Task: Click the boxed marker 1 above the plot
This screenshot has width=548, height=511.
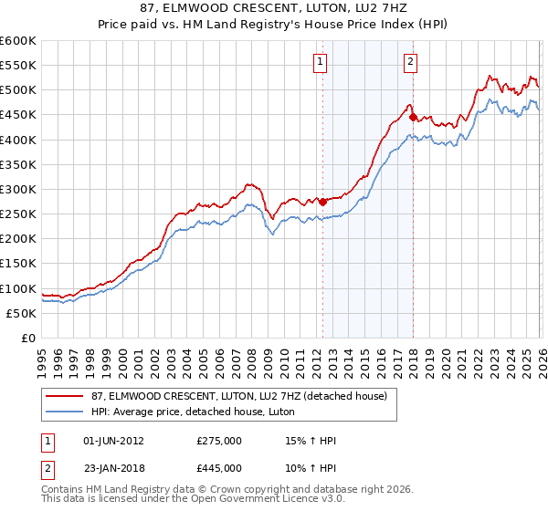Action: (321, 62)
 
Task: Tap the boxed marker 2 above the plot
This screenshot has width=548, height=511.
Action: (410, 62)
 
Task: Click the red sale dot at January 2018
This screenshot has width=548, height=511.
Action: (413, 117)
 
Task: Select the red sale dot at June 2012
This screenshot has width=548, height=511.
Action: (322, 201)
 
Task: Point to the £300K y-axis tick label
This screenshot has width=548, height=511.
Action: (18, 189)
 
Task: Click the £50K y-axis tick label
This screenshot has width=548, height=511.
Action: (22, 313)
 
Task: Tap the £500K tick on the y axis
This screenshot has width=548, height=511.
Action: (18, 89)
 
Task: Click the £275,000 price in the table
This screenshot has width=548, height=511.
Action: (219, 441)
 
